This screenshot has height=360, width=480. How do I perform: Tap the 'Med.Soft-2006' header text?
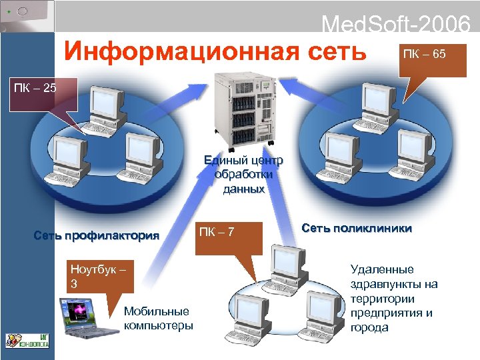pyautogui.click(x=396, y=25)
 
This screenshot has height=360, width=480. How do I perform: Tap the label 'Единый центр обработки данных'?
pyautogui.click(x=244, y=175)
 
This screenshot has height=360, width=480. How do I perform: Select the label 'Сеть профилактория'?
pyautogui.click(x=97, y=235)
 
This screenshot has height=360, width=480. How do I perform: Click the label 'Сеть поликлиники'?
pyautogui.click(x=356, y=228)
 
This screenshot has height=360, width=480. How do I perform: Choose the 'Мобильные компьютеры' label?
pyautogui.click(x=157, y=318)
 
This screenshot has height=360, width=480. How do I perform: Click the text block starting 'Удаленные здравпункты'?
pyautogui.click(x=393, y=298)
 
